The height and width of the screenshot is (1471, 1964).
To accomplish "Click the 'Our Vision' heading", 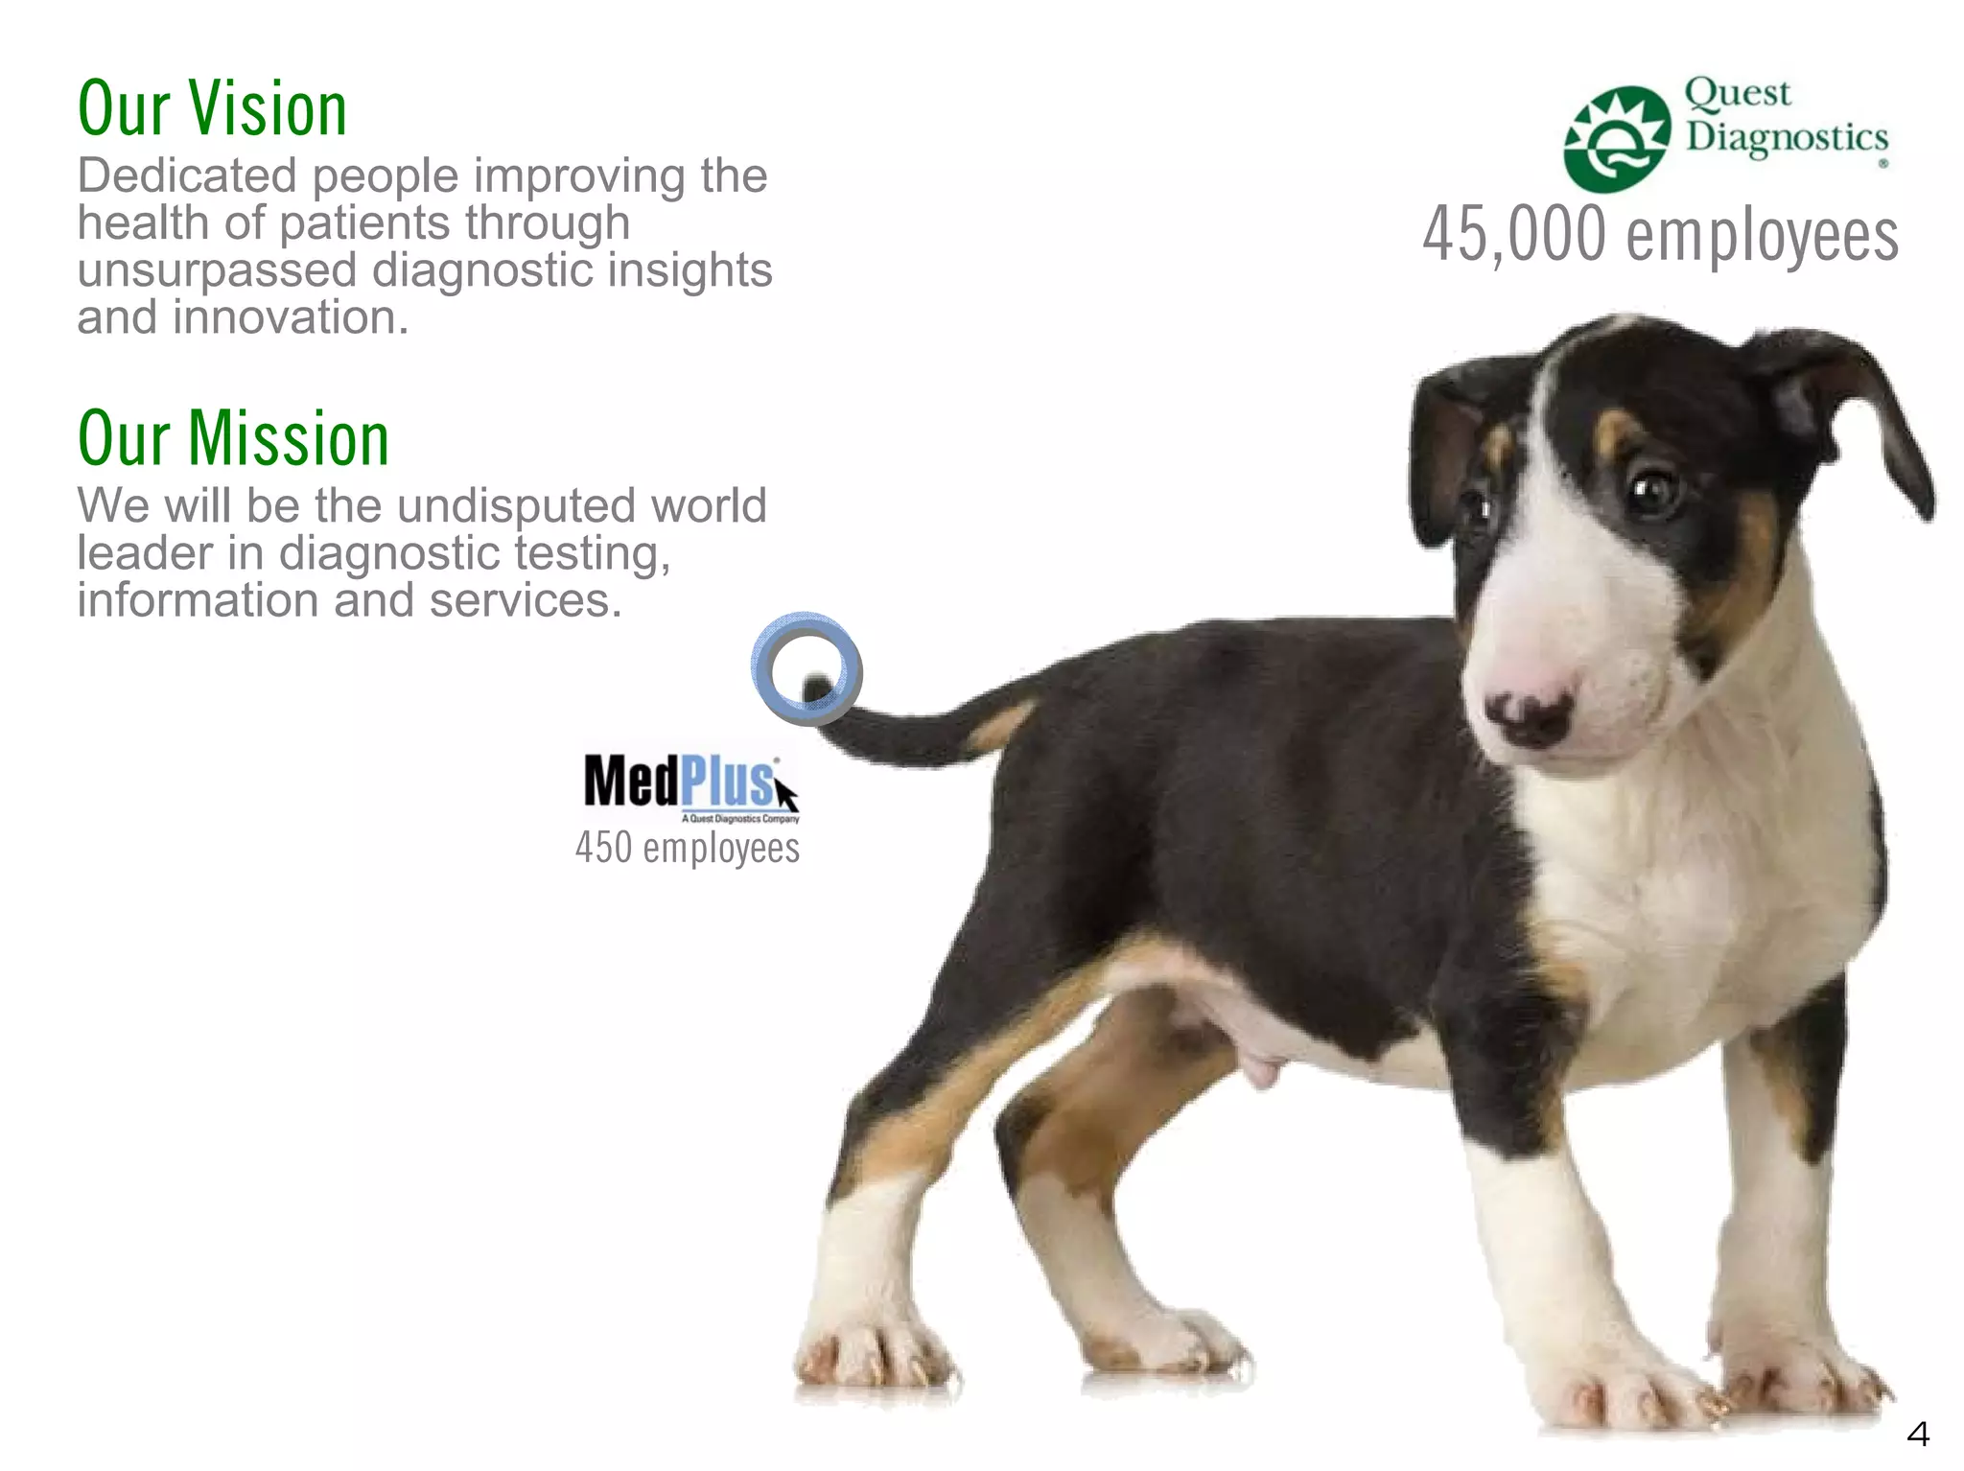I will point(212,108).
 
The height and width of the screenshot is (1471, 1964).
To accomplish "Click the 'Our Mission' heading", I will point(233,438).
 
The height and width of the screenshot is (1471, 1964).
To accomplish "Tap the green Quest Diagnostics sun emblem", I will point(1617,139).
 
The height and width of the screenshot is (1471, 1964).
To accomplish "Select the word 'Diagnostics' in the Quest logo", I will point(1787,137).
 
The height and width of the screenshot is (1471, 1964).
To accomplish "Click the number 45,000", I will point(1514,234).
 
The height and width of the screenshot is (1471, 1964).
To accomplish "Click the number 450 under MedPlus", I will point(603,848).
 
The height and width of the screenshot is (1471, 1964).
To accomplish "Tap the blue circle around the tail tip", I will point(806,667).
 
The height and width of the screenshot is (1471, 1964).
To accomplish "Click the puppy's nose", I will point(1529,714).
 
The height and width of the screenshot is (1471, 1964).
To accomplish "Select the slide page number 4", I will point(1917,1434).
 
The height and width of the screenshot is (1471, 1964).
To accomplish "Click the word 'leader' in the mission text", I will point(145,553).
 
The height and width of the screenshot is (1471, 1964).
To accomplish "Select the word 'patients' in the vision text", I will point(364,223).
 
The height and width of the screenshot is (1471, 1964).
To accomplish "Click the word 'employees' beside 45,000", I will point(1763,236).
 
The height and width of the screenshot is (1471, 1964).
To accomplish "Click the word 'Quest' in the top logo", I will point(1737,93).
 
